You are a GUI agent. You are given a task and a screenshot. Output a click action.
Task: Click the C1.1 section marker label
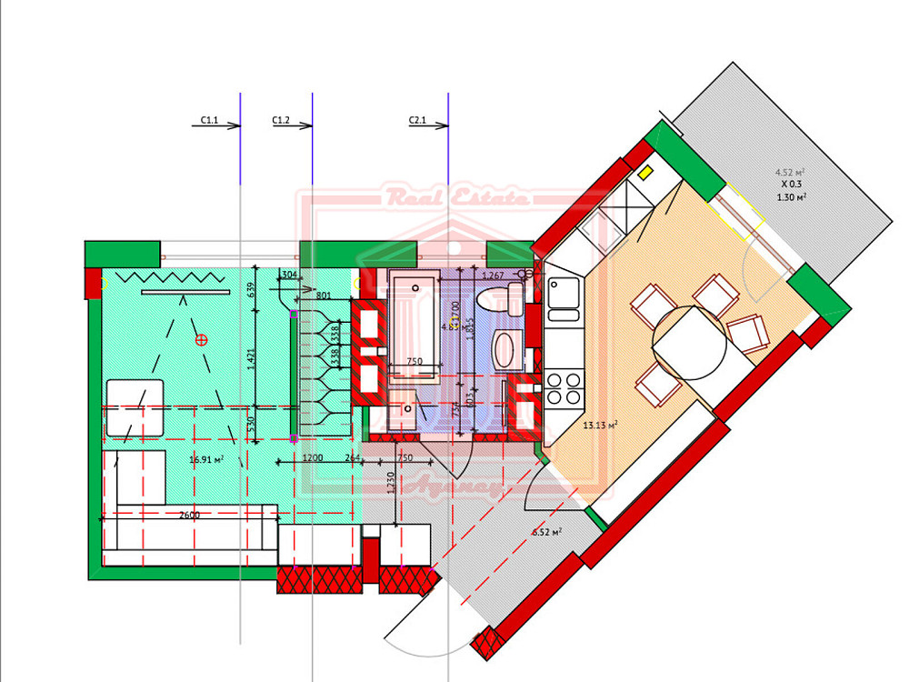click(209, 119)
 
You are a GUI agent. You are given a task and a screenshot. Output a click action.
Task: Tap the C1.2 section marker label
click(281, 119)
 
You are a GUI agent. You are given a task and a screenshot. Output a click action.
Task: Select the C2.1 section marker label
click(417, 119)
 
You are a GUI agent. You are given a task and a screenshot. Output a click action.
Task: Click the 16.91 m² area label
click(206, 460)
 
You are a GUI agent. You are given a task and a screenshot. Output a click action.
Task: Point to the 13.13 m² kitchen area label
click(601, 425)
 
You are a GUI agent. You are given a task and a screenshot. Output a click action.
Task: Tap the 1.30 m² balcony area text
click(792, 196)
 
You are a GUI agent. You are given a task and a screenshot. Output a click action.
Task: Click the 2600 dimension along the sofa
click(189, 516)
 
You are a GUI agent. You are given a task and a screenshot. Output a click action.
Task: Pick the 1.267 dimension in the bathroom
click(493, 275)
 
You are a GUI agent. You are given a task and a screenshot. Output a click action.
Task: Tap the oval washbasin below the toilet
click(505, 348)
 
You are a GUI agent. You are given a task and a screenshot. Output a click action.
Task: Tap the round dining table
click(691, 344)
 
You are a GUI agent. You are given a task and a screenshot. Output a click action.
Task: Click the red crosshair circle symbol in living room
click(202, 340)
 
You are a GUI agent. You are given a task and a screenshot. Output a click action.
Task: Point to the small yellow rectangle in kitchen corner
click(645, 171)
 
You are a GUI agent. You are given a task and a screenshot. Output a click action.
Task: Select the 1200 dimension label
click(313, 458)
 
